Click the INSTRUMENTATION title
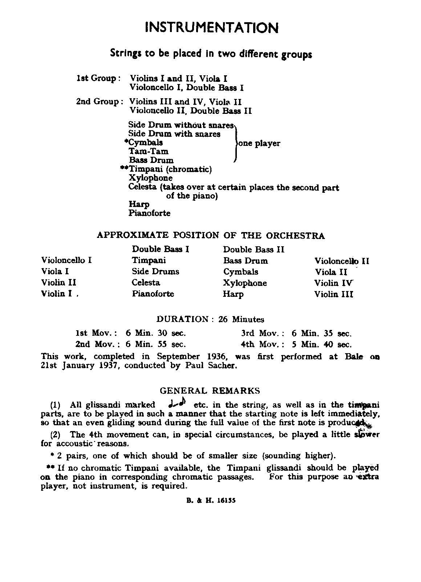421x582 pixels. click(x=211, y=28)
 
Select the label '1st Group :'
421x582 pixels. click(x=96, y=78)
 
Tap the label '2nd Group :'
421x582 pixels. click(x=97, y=101)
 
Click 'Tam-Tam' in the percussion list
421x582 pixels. click(x=148, y=151)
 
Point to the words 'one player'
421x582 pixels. click(x=259, y=143)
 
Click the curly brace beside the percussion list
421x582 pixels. click(x=236, y=143)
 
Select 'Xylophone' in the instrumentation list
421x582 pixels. click(x=150, y=178)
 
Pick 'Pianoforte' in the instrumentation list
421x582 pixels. click(x=149, y=213)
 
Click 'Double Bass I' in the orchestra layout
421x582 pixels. click(x=160, y=250)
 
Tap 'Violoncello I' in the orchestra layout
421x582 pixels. click(x=66, y=260)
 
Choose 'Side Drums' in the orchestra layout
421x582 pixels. click(x=155, y=272)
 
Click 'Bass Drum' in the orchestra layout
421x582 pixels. click(x=246, y=261)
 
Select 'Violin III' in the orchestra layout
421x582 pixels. click(x=333, y=294)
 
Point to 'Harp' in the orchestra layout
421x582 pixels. click(x=233, y=294)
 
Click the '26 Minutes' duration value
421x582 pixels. click(x=241, y=319)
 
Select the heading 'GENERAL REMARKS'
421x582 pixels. click(x=210, y=391)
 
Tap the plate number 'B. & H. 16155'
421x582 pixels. click(x=211, y=500)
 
